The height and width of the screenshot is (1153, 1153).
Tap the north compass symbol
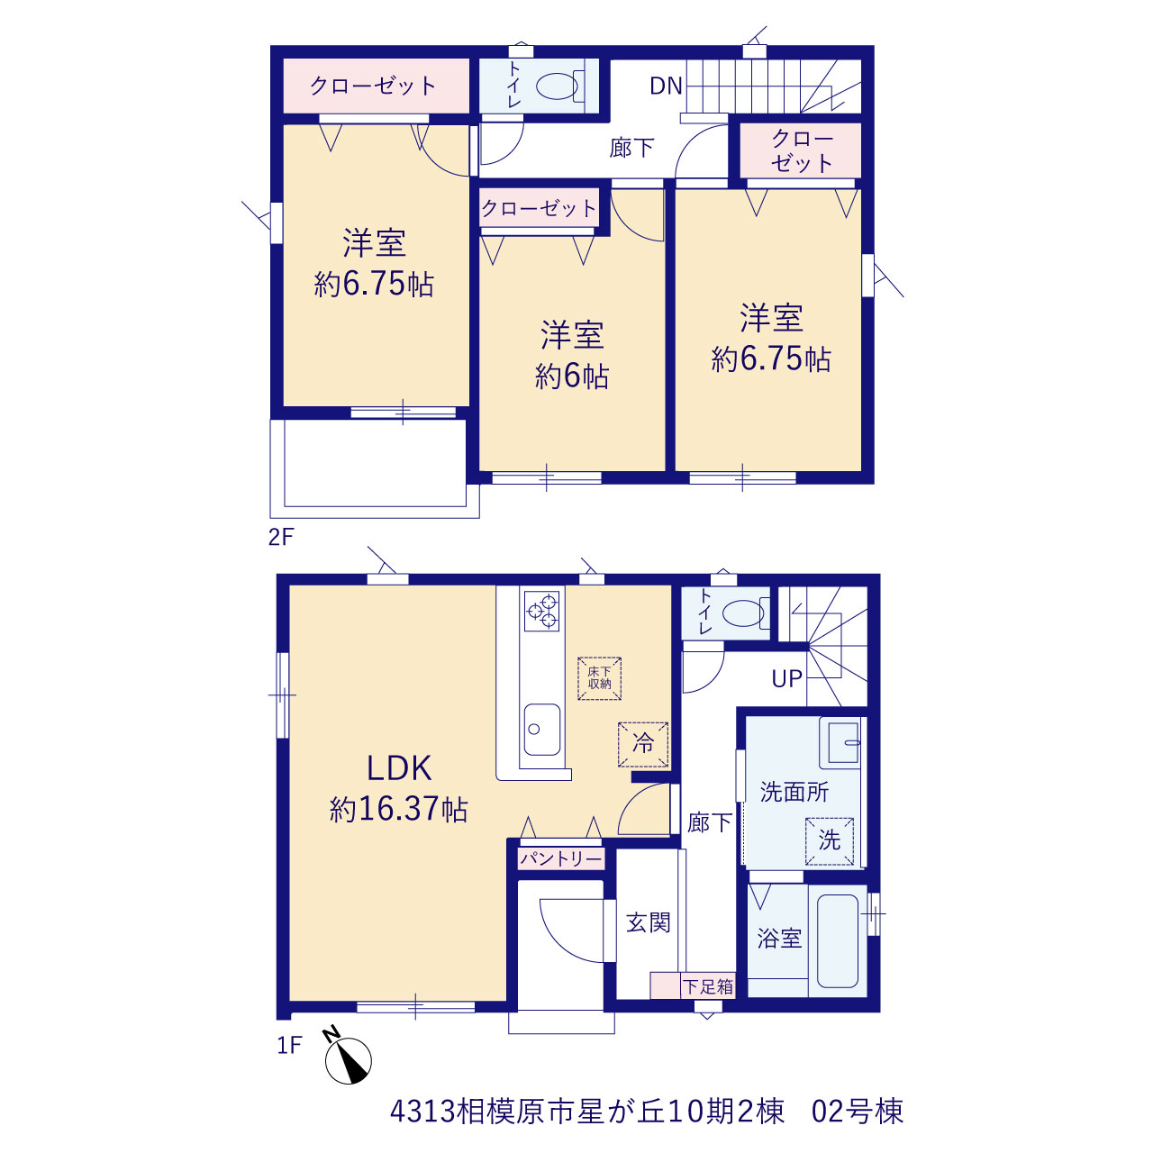pyautogui.click(x=348, y=1059)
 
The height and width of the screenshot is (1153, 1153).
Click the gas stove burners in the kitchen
pyautogui.click(x=541, y=611)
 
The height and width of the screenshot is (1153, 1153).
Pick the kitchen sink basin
pyautogui.click(x=542, y=730)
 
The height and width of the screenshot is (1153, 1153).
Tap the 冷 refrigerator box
pyautogui.click(x=642, y=744)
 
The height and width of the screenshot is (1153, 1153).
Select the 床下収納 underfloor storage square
pyautogui.click(x=599, y=678)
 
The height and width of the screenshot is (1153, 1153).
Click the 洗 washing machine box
pyautogui.click(x=830, y=840)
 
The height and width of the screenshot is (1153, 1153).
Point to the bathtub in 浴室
pyautogui.click(x=838, y=941)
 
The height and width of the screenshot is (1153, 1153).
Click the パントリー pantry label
pyautogui.click(x=560, y=859)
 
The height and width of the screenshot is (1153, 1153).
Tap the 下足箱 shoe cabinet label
pyautogui.click(x=708, y=986)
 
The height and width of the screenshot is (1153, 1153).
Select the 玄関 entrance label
pyautogui.click(x=649, y=922)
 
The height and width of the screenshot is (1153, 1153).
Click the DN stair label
pyautogui.click(x=666, y=86)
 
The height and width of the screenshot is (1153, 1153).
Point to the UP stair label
pyautogui.click(x=786, y=678)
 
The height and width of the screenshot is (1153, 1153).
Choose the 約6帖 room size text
pyautogui.click(x=571, y=377)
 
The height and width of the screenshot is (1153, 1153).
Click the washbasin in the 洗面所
pyautogui.click(x=842, y=742)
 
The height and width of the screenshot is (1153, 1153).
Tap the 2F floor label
pyautogui.click(x=281, y=537)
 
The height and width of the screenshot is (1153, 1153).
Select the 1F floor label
pyautogui.click(x=289, y=1045)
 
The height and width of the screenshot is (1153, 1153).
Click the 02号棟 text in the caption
pyautogui.click(x=857, y=1112)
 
